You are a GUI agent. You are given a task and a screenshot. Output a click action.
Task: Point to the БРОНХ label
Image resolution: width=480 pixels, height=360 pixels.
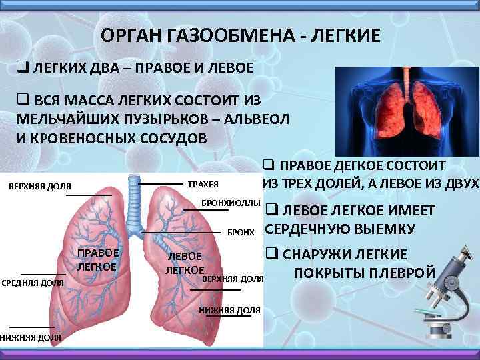pyautogui.click(x=241, y=233)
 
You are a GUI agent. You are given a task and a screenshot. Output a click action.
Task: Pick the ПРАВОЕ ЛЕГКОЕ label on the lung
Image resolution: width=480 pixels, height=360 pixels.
pyautogui.click(x=97, y=260)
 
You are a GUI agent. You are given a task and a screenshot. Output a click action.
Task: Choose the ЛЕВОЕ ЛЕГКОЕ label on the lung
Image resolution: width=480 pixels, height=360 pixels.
pyautogui.click(x=185, y=263)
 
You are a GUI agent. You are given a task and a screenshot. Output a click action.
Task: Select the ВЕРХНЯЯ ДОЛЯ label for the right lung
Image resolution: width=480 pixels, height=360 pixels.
pyautogui.click(x=40, y=185)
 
